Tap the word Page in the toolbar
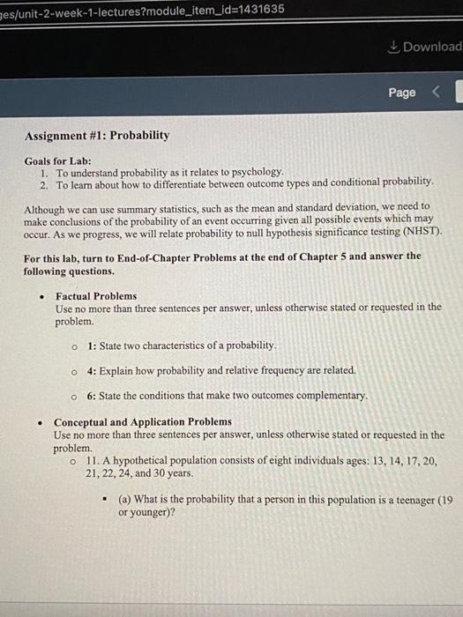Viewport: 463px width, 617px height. pyautogui.click(x=401, y=93)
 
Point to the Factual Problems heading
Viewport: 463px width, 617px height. pyautogui.click(x=96, y=296)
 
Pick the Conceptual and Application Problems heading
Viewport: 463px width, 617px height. pyautogui.click(x=143, y=422)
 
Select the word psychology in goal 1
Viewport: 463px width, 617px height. pyautogui.click(x=255, y=171)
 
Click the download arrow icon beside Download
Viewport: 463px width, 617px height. pyautogui.click(x=394, y=47)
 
